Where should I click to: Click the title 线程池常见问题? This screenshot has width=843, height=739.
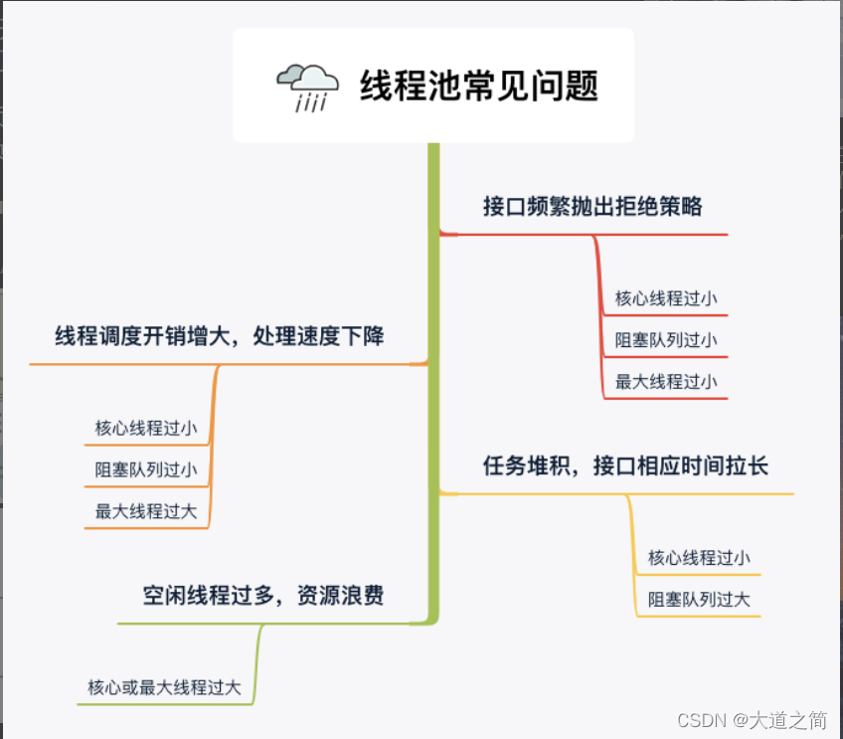click(479, 86)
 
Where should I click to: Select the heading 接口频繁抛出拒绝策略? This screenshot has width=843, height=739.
click(592, 206)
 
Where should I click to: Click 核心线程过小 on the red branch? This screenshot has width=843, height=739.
click(666, 297)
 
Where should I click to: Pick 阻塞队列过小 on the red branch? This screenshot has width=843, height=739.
click(666, 339)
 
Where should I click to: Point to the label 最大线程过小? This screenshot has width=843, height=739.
click(666, 381)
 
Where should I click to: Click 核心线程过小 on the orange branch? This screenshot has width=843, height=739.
click(146, 429)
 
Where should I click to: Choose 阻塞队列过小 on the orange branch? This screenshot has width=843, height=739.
click(146, 470)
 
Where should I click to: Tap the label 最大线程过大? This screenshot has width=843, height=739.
click(146, 512)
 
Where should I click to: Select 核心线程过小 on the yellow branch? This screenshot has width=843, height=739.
click(699, 558)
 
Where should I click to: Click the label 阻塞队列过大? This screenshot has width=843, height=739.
click(699, 600)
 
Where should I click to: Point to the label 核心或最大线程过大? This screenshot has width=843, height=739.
click(164, 687)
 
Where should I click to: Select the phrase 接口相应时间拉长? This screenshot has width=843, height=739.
click(681, 465)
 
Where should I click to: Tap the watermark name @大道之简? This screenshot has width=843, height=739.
click(781, 719)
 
